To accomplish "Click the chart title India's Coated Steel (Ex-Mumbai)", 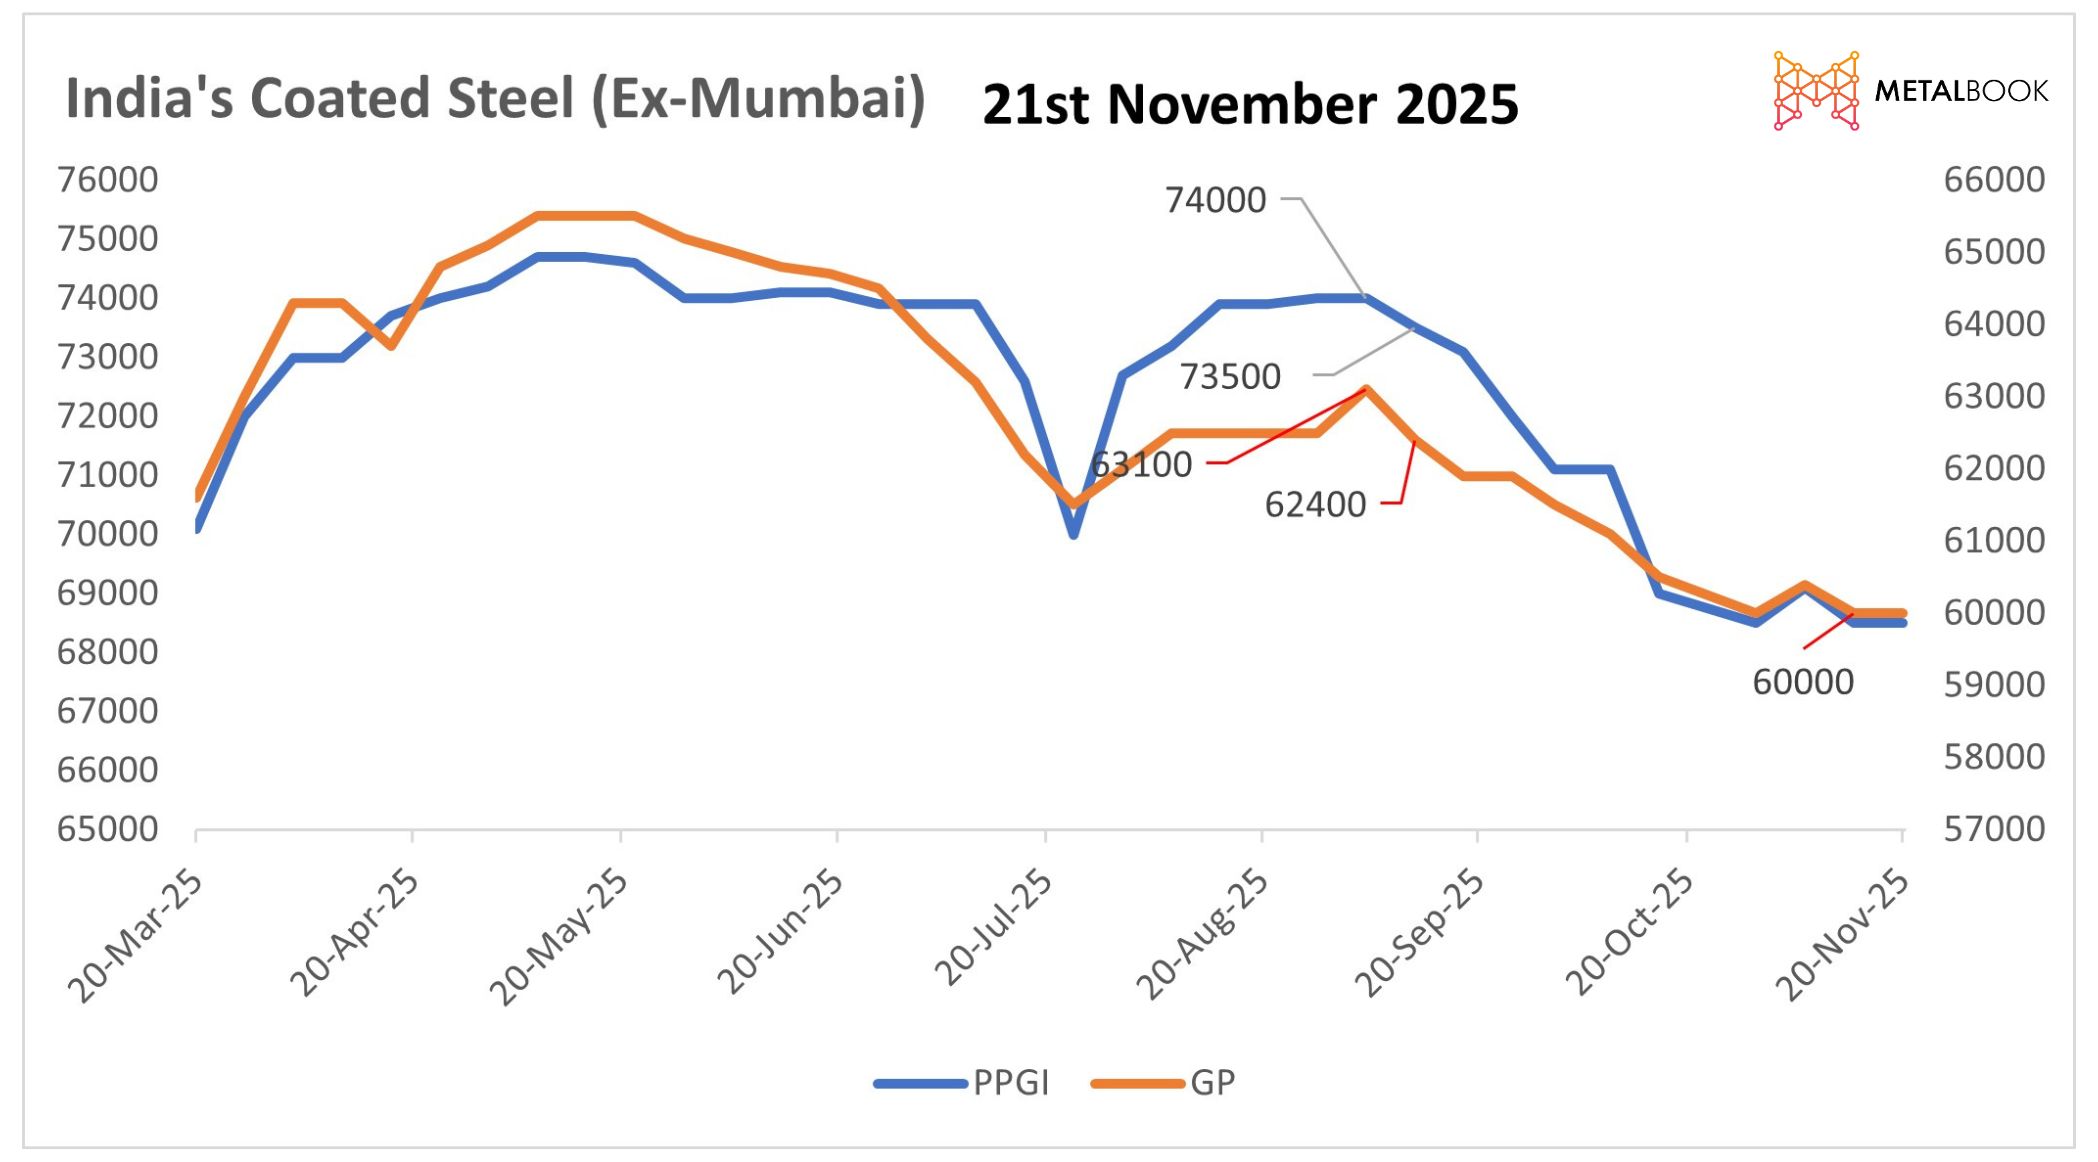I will coord(495,99).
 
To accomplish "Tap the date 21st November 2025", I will coord(1250,105).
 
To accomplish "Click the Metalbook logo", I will coord(1910,91).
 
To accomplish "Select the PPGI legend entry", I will coord(1010,1083).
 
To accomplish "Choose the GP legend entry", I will coord(1212,1083).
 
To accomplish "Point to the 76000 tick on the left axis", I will coord(108,180).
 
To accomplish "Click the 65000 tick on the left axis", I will coord(108,829).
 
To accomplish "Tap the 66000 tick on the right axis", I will coord(1994,180).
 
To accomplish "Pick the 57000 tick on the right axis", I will coord(1994,829).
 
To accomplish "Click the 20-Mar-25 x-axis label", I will coord(136,936).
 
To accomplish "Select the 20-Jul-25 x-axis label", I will coord(994,928).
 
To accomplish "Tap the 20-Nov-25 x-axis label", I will coord(1842,936).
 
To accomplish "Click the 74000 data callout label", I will coord(1215,200).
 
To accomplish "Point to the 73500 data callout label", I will coord(1230,377).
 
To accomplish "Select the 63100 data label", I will coord(1142,465).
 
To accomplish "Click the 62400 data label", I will coord(1315,505).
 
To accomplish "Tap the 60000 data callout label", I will coord(1803,682).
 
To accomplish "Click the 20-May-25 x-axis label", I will coord(559,936).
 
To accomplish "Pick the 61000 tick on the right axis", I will coord(1994,540).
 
